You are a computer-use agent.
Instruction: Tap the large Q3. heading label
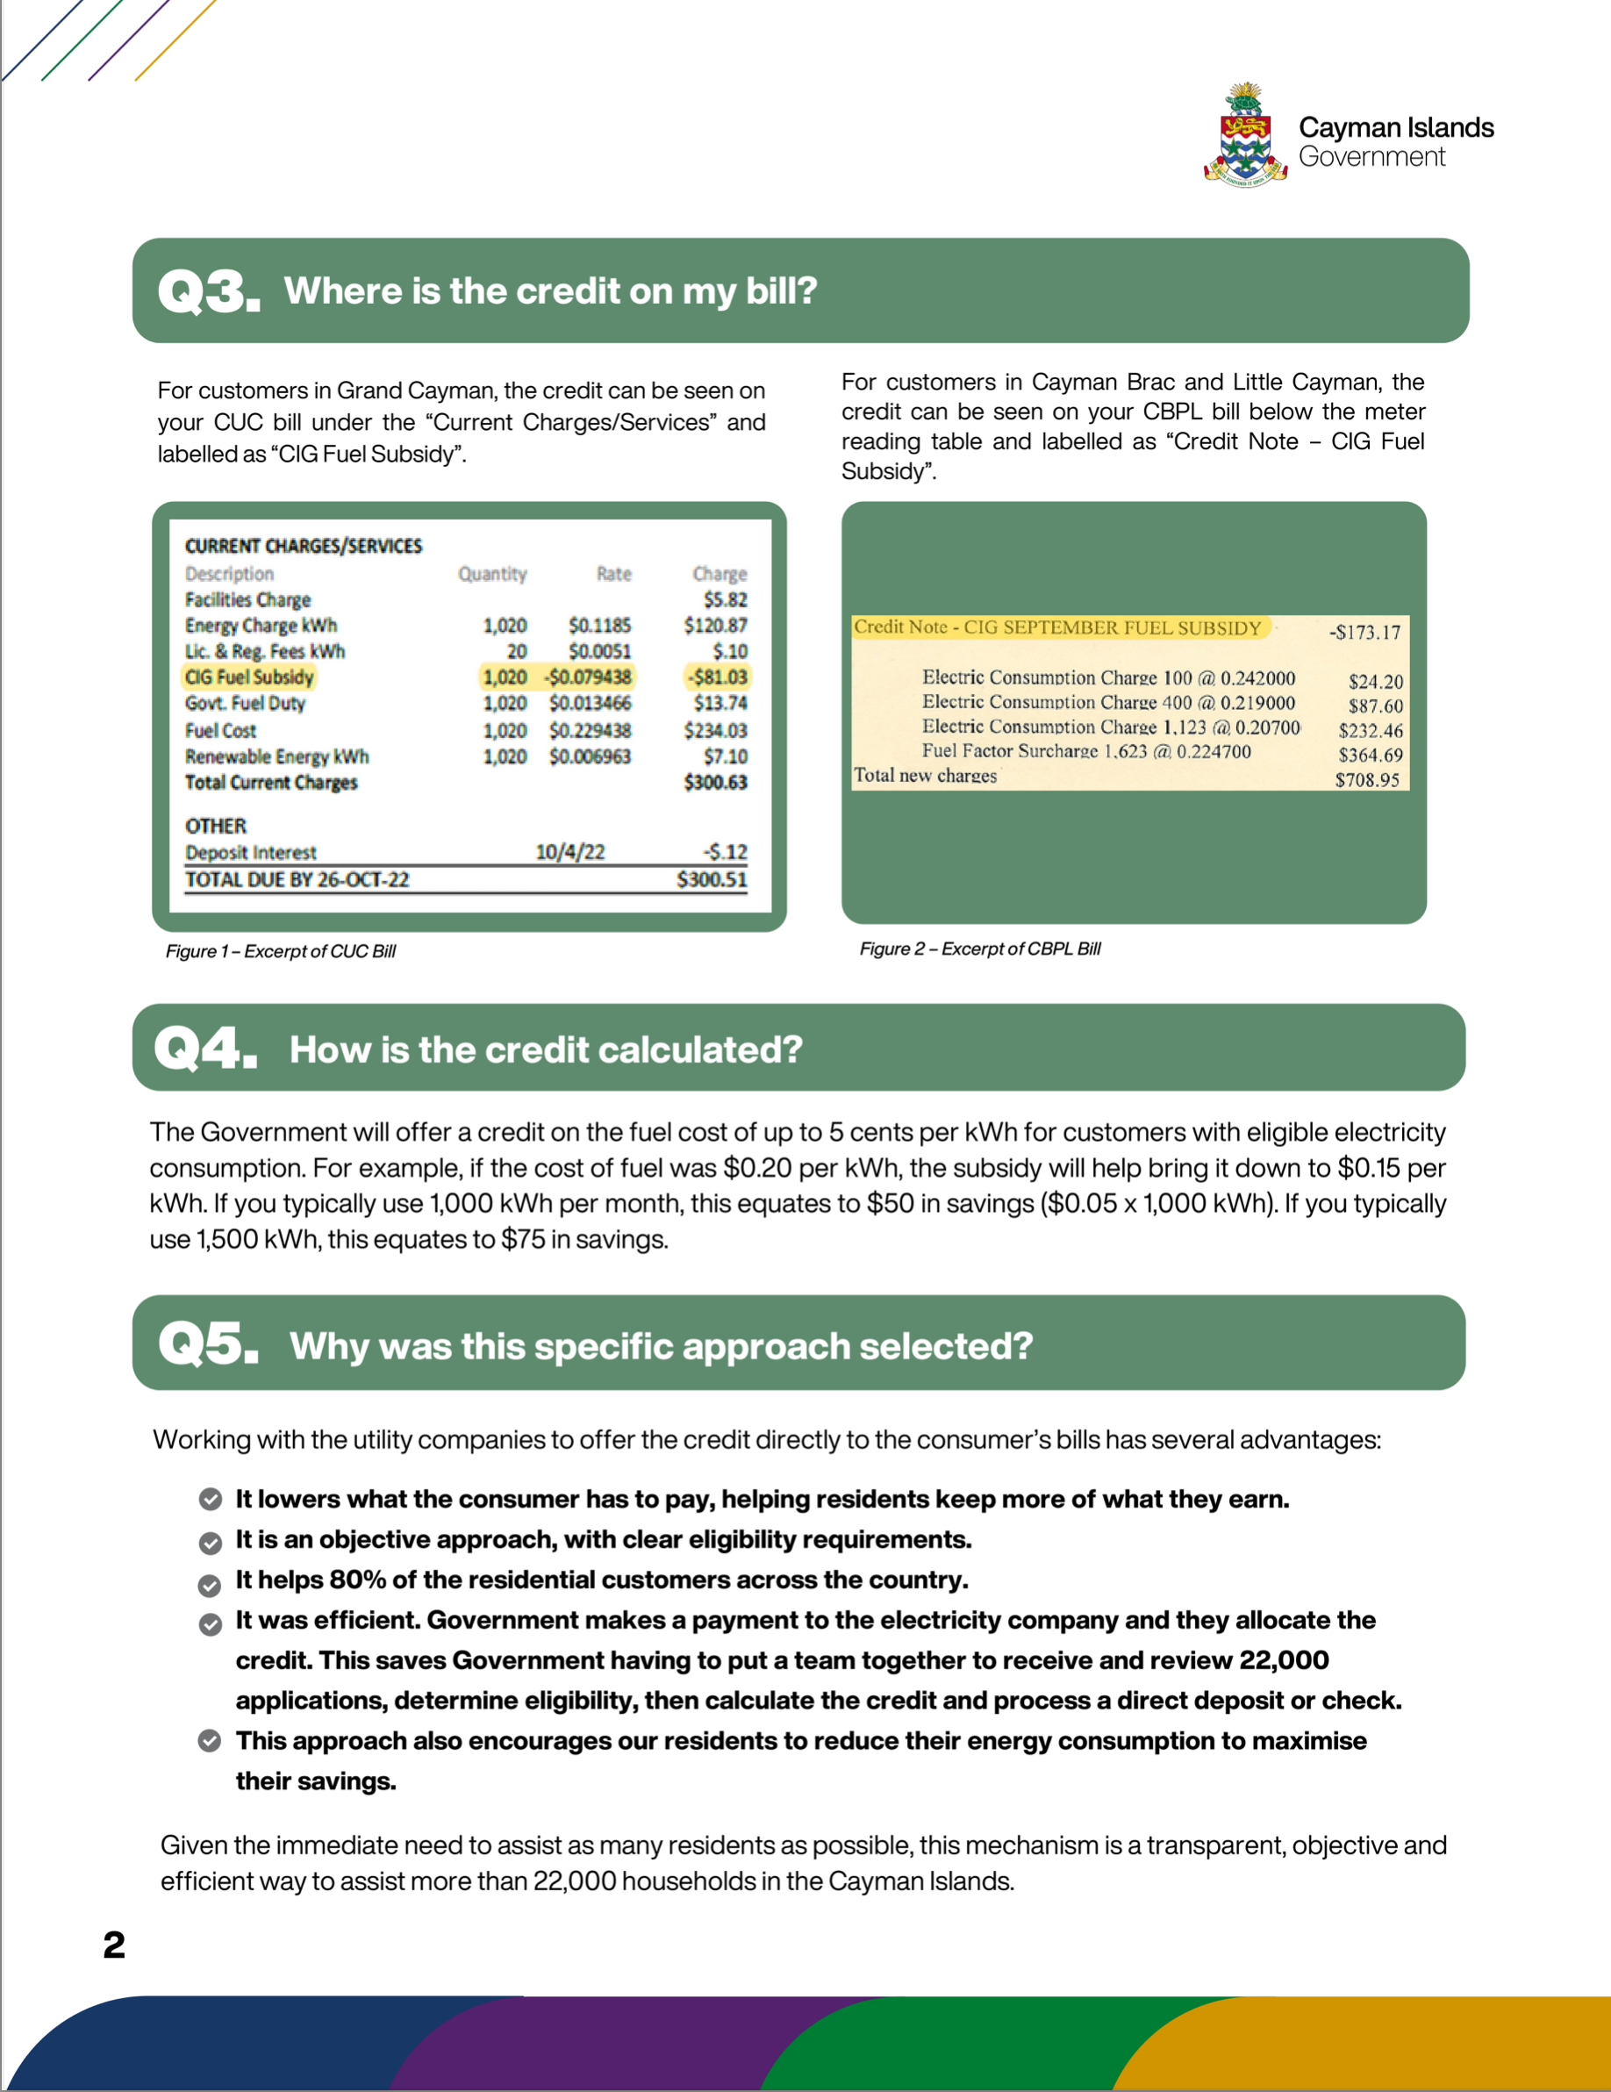click(x=209, y=291)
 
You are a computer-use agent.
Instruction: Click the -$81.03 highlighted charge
click(x=718, y=677)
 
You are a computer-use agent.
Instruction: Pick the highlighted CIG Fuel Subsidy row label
click(x=249, y=677)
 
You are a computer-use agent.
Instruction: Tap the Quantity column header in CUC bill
click(x=492, y=574)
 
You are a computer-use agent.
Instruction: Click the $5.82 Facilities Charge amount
click(x=725, y=599)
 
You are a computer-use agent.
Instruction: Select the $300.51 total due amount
click(x=712, y=879)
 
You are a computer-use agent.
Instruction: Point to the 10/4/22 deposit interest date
click(x=569, y=851)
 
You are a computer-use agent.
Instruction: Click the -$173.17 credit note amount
click(x=1364, y=632)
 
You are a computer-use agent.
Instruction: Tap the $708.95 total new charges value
click(x=1367, y=780)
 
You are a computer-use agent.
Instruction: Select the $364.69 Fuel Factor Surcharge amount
click(x=1371, y=755)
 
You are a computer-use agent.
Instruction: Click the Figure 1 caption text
click(x=281, y=951)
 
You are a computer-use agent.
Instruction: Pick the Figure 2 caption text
click(x=980, y=949)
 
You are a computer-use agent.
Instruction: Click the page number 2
click(x=114, y=1945)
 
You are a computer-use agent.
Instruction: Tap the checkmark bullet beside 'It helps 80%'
click(x=210, y=1586)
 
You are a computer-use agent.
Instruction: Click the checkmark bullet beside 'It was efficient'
click(x=210, y=1624)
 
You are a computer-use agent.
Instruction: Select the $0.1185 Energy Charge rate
click(x=599, y=626)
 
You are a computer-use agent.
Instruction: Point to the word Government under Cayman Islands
click(x=1371, y=157)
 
